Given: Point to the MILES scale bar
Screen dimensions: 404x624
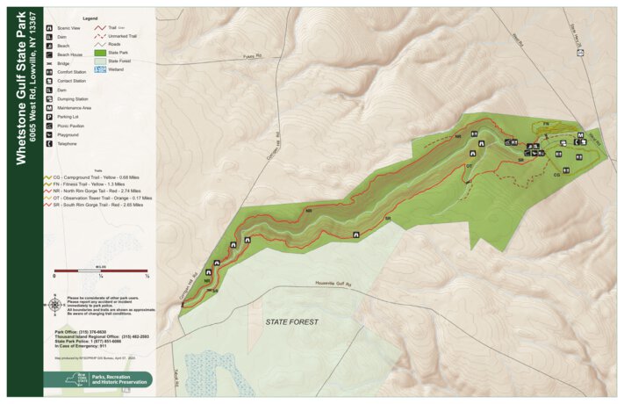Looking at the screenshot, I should (101, 270).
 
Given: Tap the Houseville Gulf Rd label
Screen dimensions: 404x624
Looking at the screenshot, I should (333, 284).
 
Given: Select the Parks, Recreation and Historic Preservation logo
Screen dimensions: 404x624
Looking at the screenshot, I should (97, 379).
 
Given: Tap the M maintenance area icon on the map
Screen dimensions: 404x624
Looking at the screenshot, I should (580, 135).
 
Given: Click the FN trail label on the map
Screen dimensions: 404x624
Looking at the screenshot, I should (544, 123).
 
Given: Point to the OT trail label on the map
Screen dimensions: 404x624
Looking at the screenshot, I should (470, 165).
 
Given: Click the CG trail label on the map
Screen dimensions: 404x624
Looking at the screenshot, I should (556, 175).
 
